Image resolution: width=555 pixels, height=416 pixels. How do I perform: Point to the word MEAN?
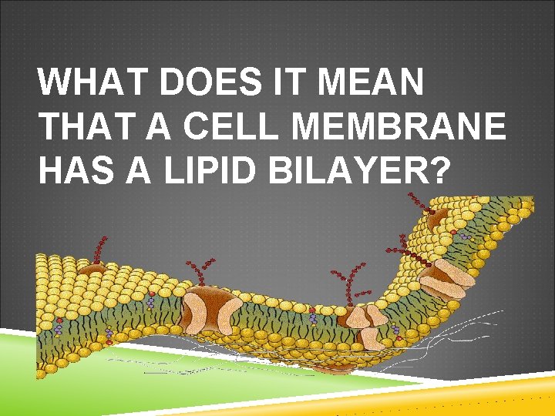370,83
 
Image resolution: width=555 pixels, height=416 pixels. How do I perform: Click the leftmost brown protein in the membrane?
92,270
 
